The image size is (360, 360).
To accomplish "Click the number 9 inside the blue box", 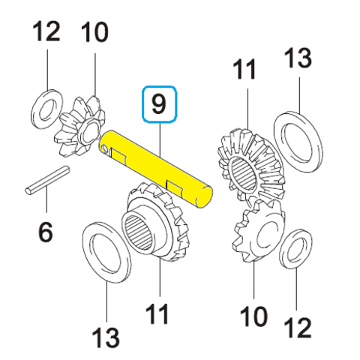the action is click(159, 104).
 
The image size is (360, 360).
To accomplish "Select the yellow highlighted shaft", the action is click(156, 169).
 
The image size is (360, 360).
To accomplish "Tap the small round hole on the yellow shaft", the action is click(104, 149).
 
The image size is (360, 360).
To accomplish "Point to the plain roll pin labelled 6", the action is click(47, 180).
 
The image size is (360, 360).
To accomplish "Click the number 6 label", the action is click(46, 232).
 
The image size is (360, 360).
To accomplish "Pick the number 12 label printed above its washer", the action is click(46, 31).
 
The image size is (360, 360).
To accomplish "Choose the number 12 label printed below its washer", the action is click(298, 328).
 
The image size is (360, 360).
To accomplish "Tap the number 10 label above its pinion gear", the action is click(94, 31).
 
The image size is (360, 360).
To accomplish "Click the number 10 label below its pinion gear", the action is click(253, 316).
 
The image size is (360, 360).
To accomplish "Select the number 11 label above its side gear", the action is click(244, 69).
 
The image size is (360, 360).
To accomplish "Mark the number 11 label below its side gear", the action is click(157, 313).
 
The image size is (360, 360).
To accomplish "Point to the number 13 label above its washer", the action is click(298, 58).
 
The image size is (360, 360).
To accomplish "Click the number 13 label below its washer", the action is click(106, 337).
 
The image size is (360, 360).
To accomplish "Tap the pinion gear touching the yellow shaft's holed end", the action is click(80, 127).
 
